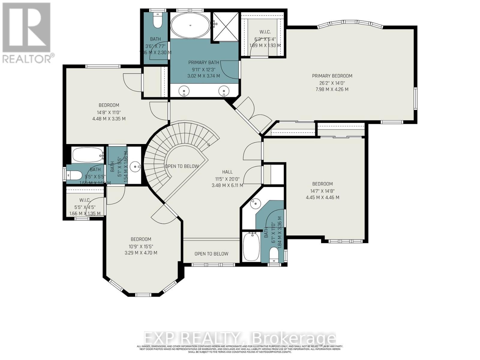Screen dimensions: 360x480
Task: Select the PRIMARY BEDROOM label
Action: [332, 76]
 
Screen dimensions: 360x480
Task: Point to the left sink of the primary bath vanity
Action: [183, 90]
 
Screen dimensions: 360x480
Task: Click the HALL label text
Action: [227, 172]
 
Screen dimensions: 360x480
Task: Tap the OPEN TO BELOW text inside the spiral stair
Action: [182, 166]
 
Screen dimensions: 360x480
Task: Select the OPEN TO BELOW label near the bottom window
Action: [211, 254]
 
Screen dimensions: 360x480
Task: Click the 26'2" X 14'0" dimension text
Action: [332, 82]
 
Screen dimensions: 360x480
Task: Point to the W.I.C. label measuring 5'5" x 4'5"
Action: [85, 200]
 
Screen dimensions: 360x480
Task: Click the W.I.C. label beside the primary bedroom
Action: [265, 32]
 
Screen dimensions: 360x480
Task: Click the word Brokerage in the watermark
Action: [294, 338]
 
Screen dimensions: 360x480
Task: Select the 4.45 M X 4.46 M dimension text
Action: [322, 197]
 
